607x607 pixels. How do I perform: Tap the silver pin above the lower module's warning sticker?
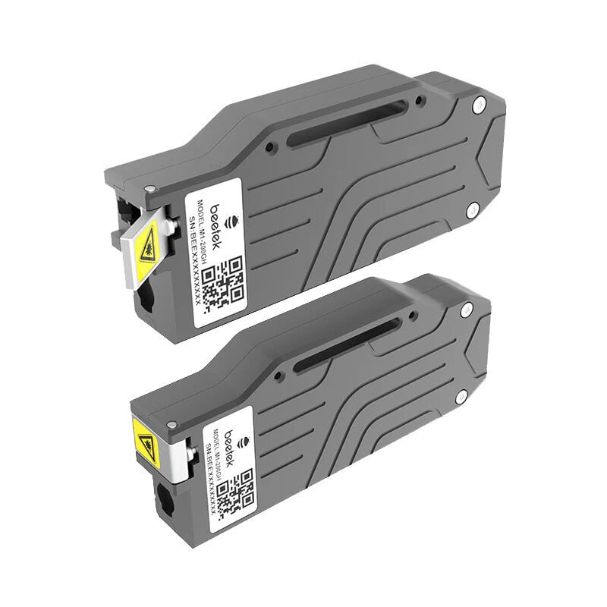point(174,407)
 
